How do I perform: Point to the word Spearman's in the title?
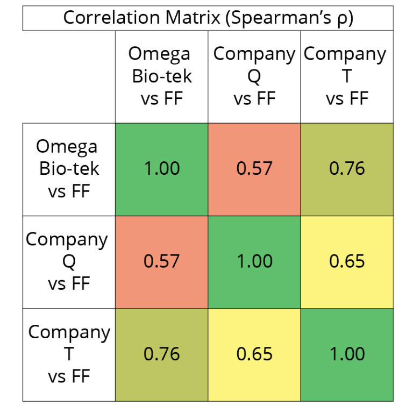[283, 17]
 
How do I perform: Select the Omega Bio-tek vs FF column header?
[161, 76]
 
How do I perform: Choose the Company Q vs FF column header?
[254, 76]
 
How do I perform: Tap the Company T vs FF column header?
[346, 76]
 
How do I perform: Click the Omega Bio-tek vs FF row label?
[68, 168]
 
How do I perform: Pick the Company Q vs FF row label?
[68, 261]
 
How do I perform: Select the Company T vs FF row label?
[68, 354]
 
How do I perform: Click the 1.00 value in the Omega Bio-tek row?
[161, 169]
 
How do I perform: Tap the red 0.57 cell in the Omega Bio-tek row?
[254, 169]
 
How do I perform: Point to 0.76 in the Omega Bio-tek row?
[347, 169]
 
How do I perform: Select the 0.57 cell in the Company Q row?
[161, 261]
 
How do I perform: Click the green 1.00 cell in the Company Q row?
[254, 261]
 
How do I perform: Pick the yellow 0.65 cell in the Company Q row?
[347, 261]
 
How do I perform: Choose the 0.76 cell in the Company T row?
[161, 354]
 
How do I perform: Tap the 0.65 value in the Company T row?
[254, 354]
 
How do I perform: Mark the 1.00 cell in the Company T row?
[347, 354]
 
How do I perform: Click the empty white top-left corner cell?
[68, 76]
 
